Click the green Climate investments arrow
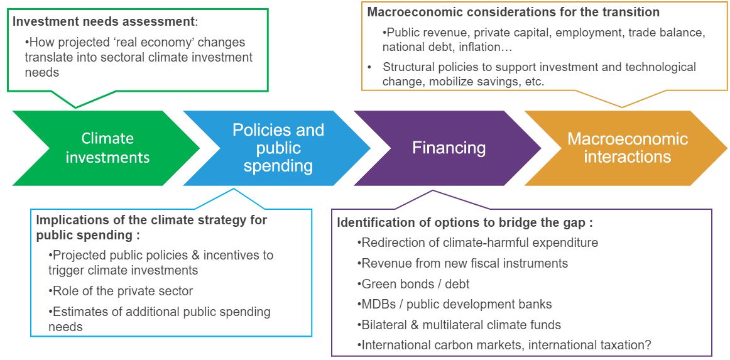(x=107, y=148)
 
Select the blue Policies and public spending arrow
(x=278, y=148)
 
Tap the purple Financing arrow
(x=449, y=148)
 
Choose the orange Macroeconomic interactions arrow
(x=627, y=148)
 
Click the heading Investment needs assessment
(x=104, y=21)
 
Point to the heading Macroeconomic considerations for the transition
(x=513, y=12)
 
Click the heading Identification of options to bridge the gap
(x=465, y=222)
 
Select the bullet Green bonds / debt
(x=415, y=284)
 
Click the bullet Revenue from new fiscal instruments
(x=464, y=263)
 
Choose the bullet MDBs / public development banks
(x=456, y=305)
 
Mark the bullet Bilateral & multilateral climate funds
(x=460, y=325)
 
